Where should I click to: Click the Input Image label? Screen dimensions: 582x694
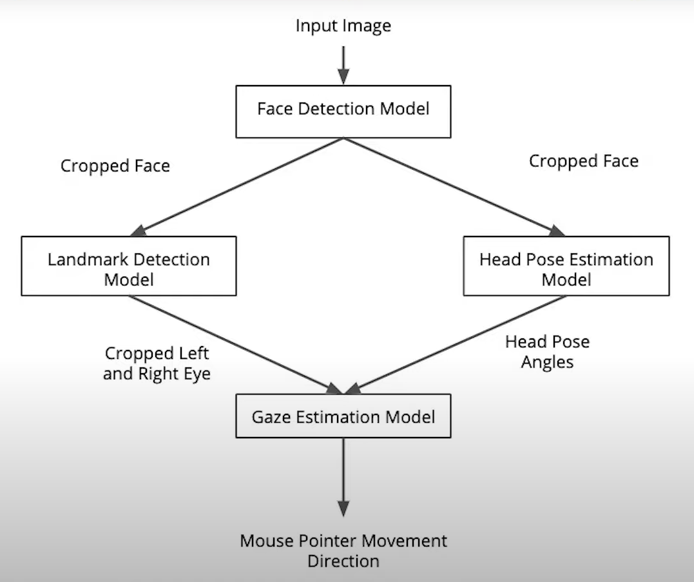[343, 26]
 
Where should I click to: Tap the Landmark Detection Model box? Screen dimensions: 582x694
[129, 266]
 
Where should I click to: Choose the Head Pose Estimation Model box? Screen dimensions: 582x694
[566, 266]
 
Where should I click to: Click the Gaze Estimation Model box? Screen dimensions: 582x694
[343, 416]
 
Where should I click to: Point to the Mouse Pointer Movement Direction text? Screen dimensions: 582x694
[343, 550]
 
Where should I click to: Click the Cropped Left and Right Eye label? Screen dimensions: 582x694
[157, 364]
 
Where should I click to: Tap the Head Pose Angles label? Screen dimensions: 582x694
[547, 351]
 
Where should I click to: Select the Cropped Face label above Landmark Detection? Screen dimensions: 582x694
[115, 166]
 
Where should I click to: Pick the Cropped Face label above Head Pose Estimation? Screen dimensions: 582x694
[583, 161]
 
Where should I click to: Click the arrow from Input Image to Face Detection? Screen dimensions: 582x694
[343, 64]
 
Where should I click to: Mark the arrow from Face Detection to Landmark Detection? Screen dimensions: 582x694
[238, 186]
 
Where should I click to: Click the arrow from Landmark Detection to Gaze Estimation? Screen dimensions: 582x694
[235, 345]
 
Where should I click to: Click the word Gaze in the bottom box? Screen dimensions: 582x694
[271, 416]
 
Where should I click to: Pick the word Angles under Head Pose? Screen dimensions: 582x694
[547, 362]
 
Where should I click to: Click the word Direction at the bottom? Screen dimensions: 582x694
[343, 560]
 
